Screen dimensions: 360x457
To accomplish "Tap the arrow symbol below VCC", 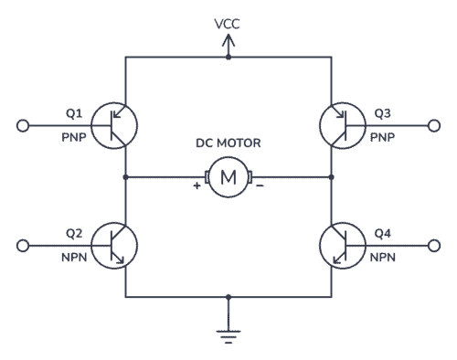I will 228,42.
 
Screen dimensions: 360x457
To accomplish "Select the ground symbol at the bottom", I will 228,335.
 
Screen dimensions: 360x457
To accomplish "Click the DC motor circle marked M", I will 227,176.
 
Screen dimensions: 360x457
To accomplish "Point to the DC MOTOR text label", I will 227,143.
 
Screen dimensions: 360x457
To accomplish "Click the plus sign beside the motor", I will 197,186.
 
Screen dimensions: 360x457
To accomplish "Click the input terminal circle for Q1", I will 24,124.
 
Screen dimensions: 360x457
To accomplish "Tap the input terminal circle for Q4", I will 433,245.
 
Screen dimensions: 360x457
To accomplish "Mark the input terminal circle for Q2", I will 24,245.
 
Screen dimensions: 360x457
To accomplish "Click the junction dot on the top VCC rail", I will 228,58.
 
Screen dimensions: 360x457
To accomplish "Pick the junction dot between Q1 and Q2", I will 126,176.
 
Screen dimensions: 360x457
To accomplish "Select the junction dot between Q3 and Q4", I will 331,176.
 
